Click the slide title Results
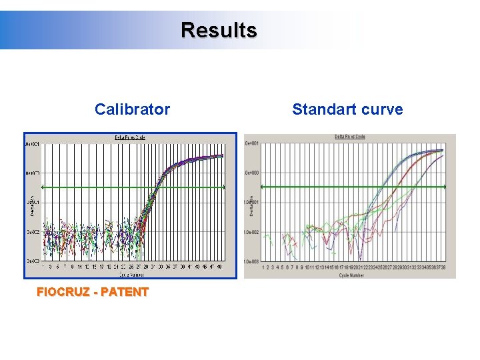(219, 31)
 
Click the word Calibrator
(132, 109)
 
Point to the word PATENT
(124, 292)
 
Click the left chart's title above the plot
(130, 137)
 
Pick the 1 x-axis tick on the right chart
(264, 267)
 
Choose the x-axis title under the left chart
(130, 273)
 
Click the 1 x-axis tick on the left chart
(44, 266)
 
